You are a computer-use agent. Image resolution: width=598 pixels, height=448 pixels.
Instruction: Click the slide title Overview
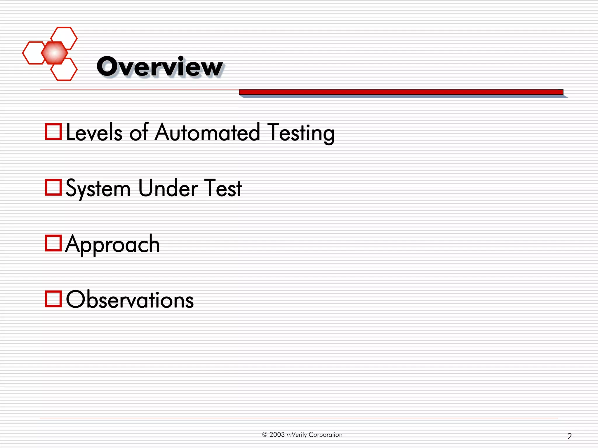pyautogui.click(x=159, y=67)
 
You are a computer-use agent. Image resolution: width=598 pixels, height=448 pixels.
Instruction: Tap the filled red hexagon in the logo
pyautogui.click(x=54, y=53)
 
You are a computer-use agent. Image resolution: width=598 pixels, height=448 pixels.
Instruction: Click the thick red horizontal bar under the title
pyautogui.click(x=401, y=92)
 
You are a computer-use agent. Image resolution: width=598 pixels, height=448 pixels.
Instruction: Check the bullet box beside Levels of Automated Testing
pyautogui.click(x=53, y=132)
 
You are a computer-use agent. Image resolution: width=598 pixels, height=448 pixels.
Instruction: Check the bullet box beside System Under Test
pyautogui.click(x=53, y=187)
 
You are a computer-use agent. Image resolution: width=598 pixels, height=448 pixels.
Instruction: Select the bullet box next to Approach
pyautogui.click(x=53, y=243)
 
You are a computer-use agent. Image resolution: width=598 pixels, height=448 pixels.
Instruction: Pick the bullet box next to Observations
pyautogui.click(x=53, y=299)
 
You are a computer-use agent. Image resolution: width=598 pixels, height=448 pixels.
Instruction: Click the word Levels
pyautogui.click(x=94, y=133)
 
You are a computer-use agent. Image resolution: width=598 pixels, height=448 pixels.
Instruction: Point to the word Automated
pyautogui.click(x=207, y=133)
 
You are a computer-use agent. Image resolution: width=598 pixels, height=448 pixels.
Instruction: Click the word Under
pyautogui.click(x=168, y=188)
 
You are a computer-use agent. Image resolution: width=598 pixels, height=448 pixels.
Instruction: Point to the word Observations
pyautogui.click(x=130, y=300)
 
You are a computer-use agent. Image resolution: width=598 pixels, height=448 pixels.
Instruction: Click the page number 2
pyautogui.click(x=569, y=436)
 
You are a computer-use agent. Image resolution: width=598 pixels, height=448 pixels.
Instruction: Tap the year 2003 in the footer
pyautogui.click(x=277, y=435)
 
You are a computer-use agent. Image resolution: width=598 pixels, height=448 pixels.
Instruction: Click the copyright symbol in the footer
pyautogui.click(x=265, y=435)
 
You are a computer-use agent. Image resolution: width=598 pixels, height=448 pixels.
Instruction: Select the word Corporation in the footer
pyautogui.click(x=325, y=435)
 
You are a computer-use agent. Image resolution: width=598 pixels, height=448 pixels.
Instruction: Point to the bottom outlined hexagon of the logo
pyautogui.click(x=64, y=69)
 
